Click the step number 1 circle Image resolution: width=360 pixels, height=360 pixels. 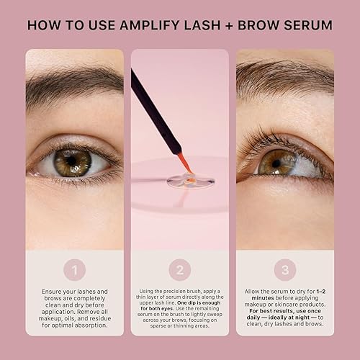[x=73, y=271]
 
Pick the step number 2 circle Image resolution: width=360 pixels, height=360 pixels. [x=180, y=271]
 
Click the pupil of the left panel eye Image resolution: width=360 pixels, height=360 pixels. [x=73, y=163]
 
